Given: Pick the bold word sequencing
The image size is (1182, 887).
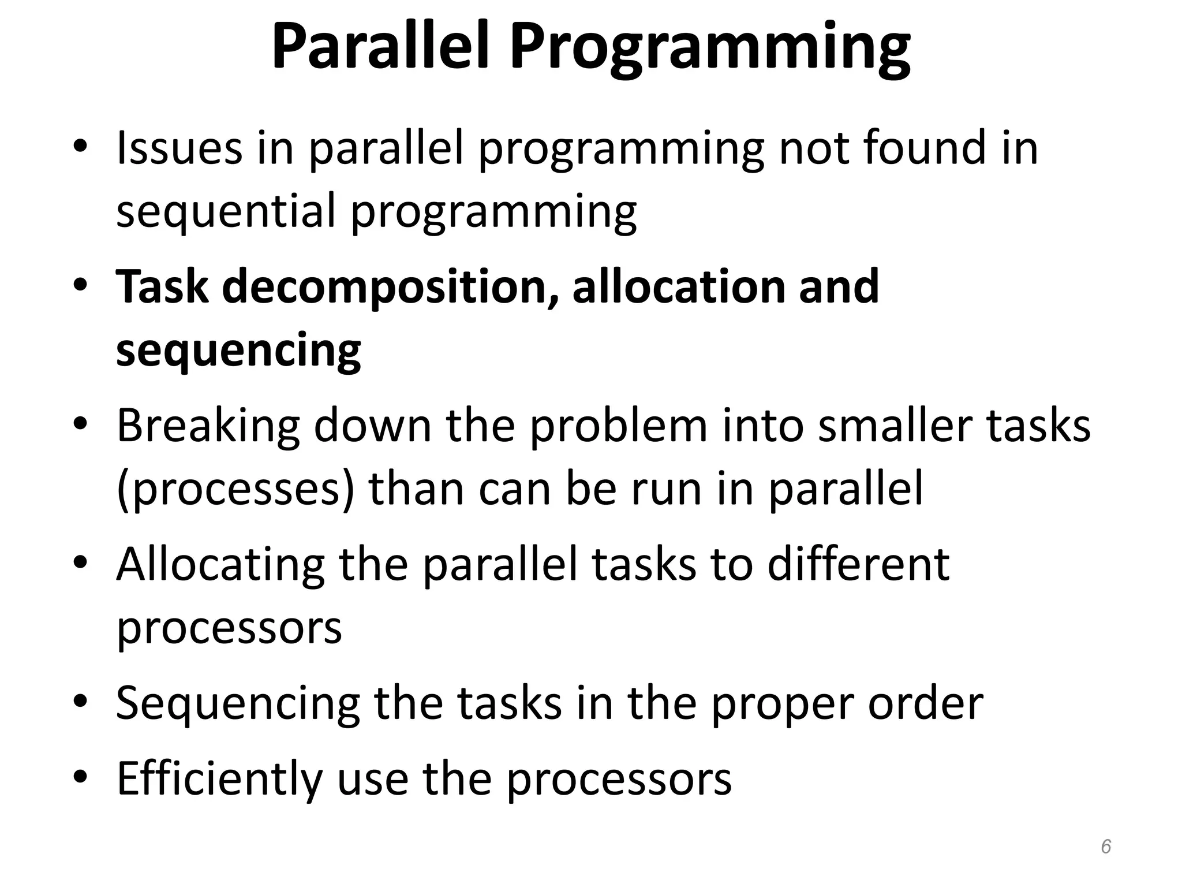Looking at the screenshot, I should click(238, 351).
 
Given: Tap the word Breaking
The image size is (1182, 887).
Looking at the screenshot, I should click(208, 426).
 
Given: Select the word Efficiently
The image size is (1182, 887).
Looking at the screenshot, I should click(219, 778).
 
